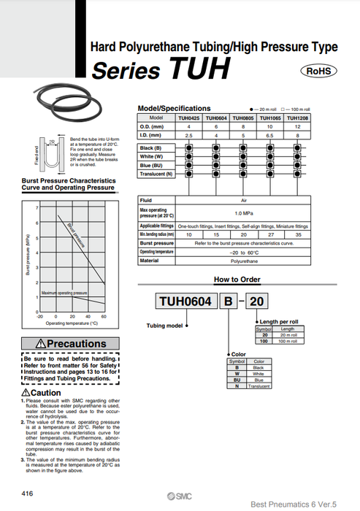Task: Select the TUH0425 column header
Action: point(189,117)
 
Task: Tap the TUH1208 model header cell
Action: point(297,117)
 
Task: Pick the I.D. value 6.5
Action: point(269,135)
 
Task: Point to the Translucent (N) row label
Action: point(157,174)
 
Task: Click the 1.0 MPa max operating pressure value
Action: point(244,212)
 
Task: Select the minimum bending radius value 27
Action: point(269,234)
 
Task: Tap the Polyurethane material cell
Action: point(244,260)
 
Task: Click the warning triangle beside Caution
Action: point(26,393)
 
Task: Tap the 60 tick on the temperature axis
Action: point(104,316)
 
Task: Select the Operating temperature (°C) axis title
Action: point(72,323)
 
